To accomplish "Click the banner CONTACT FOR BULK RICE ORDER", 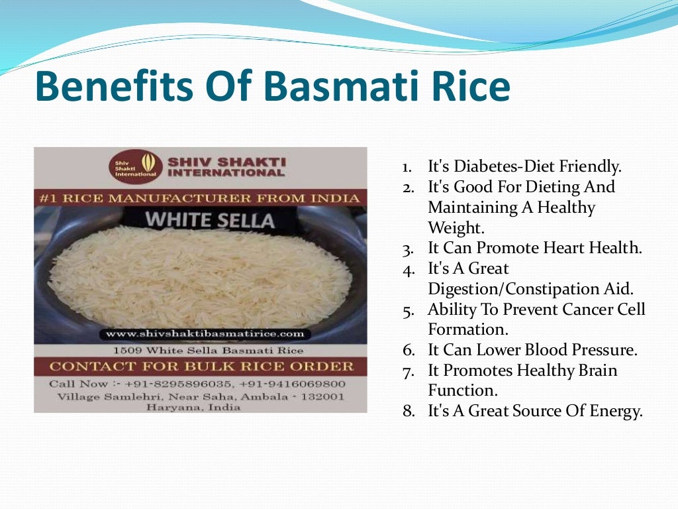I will point(200,367).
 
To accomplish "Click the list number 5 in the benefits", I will point(409,310).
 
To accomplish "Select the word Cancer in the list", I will point(587,310).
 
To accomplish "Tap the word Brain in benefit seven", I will point(594,370).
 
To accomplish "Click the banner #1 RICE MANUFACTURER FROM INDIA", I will point(200,198).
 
